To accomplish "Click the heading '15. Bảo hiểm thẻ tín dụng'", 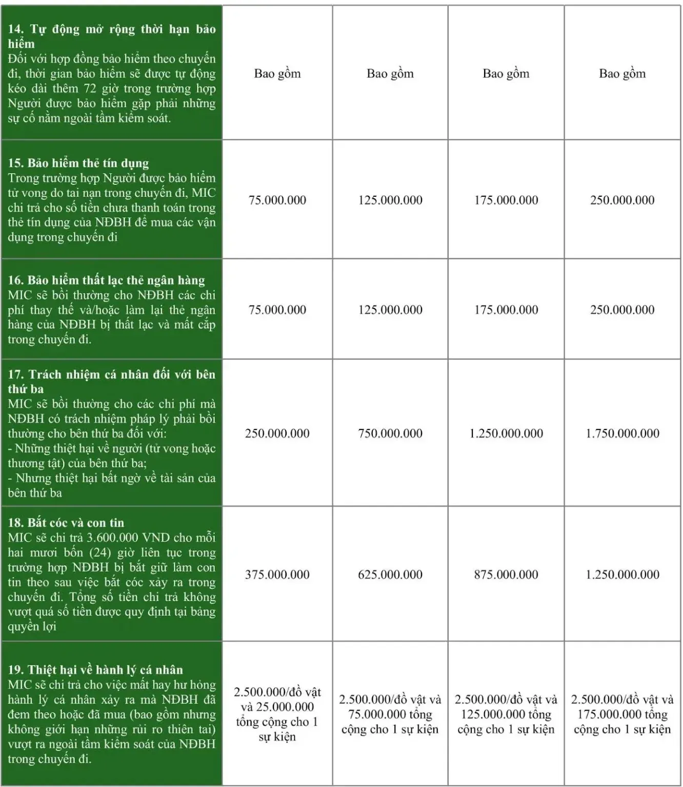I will click(x=78, y=163).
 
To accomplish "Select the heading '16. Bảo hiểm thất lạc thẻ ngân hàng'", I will click(x=106, y=280).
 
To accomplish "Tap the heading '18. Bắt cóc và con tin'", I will click(x=66, y=523).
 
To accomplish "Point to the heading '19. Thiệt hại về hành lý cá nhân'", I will click(x=95, y=670).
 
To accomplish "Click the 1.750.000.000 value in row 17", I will click(x=622, y=433).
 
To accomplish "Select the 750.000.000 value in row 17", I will click(x=390, y=433).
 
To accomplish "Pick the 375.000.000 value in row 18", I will click(x=277, y=574).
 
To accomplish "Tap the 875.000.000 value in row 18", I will click(x=506, y=574).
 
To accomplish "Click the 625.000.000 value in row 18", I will click(x=390, y=574).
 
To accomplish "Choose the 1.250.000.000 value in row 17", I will click(x=506, y=433).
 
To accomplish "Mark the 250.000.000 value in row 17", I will click(x=277, y=433).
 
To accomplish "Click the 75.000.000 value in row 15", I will click(x=277, y=200).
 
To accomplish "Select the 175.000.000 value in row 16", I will click(x=506, y=309).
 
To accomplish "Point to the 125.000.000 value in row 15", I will click(x=390, y=200).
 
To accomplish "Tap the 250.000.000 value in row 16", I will click(x=622, y=309).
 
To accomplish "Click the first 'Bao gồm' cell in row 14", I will click(x=277, y=74).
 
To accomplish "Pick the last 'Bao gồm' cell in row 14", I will click(x=622, y=74).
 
